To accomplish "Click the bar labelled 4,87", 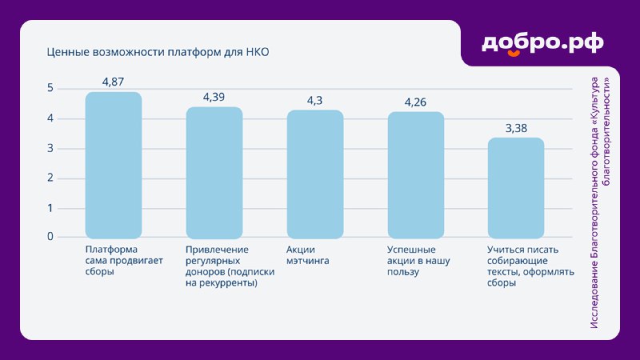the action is (x=114, y=165).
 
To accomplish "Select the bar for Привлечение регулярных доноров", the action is (x=214, y=173).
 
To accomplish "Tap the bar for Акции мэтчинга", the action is (x=315, y=174).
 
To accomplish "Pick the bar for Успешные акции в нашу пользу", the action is (x=416, y=175).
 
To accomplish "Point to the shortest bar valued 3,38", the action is (x=516, y=188).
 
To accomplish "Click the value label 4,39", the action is (x=214, y=97).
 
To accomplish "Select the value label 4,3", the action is (x=314, y=101).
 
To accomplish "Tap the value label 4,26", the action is (x=415, y=102).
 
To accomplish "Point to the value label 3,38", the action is (x=516, y=128).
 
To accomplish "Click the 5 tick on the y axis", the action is (x=50, y=88).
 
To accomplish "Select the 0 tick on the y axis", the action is (x=50, y=236).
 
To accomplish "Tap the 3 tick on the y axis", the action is (x=50, y=148).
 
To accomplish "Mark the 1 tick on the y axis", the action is (x=50, y=208).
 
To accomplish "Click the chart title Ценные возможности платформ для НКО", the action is (x=158, y=52).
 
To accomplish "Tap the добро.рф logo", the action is (x=542, y=44).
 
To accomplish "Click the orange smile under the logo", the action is (x=514, y=53).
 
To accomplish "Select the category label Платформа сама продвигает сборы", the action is (x=124, y=261).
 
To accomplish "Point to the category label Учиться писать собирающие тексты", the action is (x=530, y=266).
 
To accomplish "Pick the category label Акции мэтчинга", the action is (x=308, y=255).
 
